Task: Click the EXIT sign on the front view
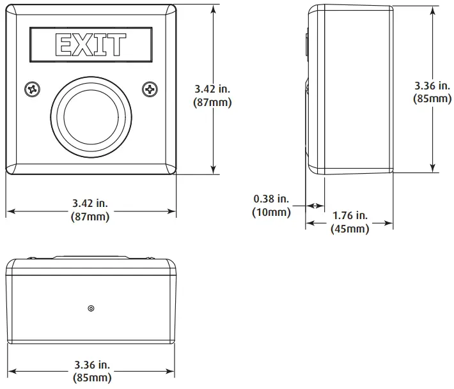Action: click(91, 45)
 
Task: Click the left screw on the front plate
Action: click(31, 90)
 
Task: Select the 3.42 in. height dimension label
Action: click(212, 89)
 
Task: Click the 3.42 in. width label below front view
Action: click(90, 203)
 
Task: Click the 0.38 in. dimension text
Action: click(272, 199)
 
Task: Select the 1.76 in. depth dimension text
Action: click(350, 215)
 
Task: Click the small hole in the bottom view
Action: click(91, 309)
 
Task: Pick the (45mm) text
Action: click(349, 229)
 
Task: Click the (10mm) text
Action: click(272, 212)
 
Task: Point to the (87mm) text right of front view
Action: click(212, 102)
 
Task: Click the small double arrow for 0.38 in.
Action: click(315, 205)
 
